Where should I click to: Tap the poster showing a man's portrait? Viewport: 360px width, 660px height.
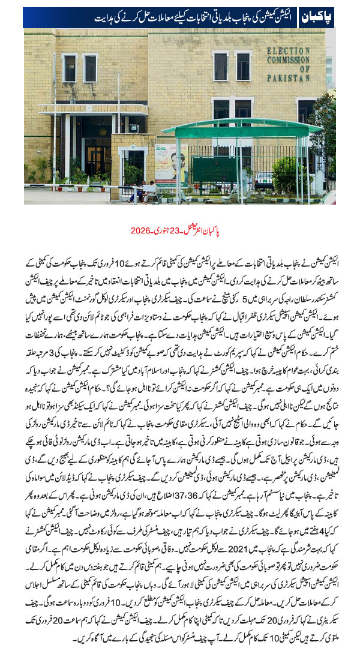(x=170, y=161)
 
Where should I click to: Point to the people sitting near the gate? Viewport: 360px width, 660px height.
(x=147, y=191)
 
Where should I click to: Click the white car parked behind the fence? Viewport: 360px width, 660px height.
(x=264, y=179)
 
